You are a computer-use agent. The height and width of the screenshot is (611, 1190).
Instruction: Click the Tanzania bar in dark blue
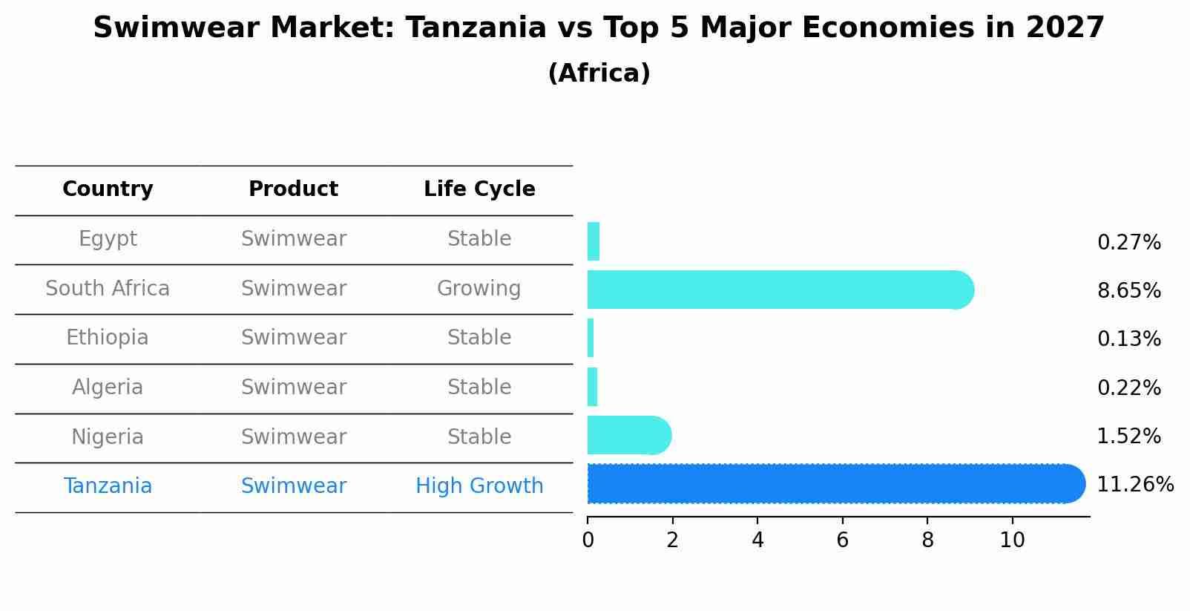point(836,483)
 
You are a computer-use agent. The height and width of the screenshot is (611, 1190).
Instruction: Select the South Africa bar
point(780,290)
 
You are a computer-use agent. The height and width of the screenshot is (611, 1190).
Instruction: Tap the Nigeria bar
point(629,435)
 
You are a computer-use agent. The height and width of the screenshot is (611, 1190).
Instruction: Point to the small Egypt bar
point(594,241)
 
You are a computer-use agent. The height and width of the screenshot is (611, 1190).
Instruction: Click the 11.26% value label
point(1135,485)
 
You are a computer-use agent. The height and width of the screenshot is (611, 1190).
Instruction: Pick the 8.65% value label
point(1129,291)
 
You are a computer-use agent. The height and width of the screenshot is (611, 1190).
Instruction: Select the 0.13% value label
point(1129,339)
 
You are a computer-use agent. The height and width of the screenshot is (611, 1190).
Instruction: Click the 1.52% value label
point(1129,436)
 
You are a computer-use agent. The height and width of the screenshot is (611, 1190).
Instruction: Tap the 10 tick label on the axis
point(1012,540)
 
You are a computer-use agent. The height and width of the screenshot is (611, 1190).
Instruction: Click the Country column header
point(108,189)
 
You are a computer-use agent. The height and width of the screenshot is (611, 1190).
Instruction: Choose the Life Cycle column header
point(479,189)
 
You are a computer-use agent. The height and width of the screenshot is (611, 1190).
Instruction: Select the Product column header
point(293,189)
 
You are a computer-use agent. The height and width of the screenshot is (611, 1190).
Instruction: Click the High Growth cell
point(479,486)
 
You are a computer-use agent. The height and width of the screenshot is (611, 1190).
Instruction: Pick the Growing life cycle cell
point(479,289)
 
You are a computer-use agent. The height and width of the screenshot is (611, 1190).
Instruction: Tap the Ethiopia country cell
point(108,338)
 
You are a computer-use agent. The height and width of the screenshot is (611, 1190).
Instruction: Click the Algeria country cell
point(108,387)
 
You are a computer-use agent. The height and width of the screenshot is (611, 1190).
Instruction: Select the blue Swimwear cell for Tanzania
point(294,486)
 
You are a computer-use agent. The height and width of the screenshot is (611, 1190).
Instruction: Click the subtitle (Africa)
point(599,73)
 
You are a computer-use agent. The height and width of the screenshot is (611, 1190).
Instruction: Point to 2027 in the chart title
point(1065,27)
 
